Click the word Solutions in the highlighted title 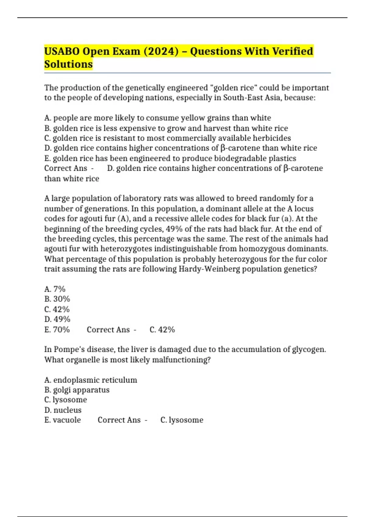[x=68, y=64]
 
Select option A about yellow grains [x=158, y=118]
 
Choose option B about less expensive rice [x=166, y=128]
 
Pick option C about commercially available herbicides [x=168, y=138]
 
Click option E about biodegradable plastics [x=170, y=158]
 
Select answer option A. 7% [x=55, y=289]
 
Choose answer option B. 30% [x=57, y=299]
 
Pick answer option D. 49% [x=57, y=319]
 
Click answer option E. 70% [x=57, y=329]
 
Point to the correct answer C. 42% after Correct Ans [x=162, y=329]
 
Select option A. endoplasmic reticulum [x=91, y=380]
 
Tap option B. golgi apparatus [x=77, y=390]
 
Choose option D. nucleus [x=63, y=410]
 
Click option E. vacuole [x=62, y=420]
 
